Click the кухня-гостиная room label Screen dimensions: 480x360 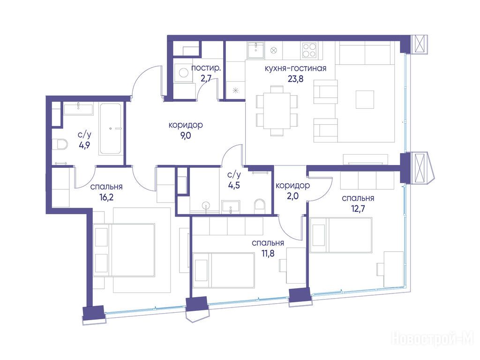click(295, 68)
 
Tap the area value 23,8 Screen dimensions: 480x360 click(295, 79)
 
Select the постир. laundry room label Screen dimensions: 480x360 click(206, 68)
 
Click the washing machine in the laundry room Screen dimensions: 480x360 click(183, 73)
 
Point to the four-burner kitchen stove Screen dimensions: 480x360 click(309, 50)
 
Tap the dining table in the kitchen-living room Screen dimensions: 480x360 click(277, 111)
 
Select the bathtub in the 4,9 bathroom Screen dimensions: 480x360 click(111, 129)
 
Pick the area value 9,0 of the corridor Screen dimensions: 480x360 click(186, 135)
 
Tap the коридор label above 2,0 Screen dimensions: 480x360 click(292, 185)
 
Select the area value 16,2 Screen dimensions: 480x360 click(106, 197)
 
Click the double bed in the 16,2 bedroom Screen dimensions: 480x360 click(124, 250)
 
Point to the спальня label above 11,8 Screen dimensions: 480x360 click(268, 243)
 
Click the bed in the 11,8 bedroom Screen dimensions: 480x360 click(224, 270)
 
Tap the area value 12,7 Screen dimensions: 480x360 click(358, 209)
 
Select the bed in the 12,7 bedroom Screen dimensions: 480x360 click(341, 235)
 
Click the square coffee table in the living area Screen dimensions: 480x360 click(365, 99)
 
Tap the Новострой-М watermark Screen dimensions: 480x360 click(433, 339)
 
